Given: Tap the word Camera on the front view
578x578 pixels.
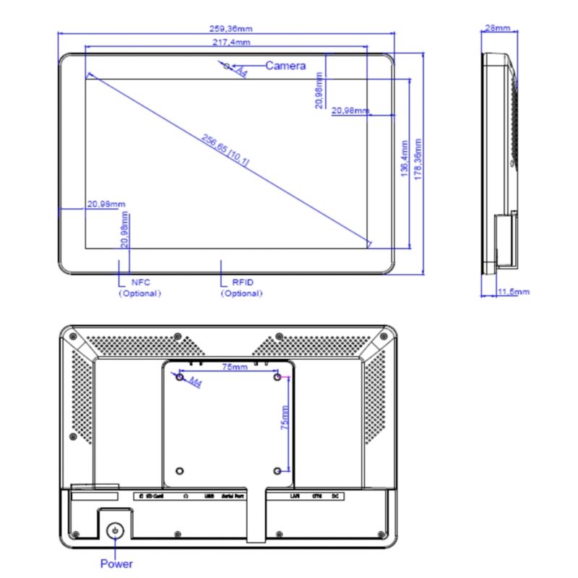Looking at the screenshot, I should [x=285, y=66].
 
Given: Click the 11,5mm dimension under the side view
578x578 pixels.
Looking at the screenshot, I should [x=514, y=292].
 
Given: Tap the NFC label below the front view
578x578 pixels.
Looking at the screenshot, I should [x=140, y=282].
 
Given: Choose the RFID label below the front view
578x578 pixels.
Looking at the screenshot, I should [x=243, y=282].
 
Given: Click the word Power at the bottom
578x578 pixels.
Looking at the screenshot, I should [x=116, y=564].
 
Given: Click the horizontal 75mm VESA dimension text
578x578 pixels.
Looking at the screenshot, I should [x=235, y=367].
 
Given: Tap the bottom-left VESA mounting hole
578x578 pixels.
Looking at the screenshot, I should [x=180, y=471].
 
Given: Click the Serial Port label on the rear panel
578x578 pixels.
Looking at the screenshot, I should [x=232, y=496].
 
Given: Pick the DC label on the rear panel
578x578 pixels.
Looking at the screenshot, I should [x=335, y=496].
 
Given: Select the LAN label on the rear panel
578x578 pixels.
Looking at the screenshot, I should [x=295, y=496].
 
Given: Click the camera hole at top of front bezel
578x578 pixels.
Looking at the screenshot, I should [x=228, y=66].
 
